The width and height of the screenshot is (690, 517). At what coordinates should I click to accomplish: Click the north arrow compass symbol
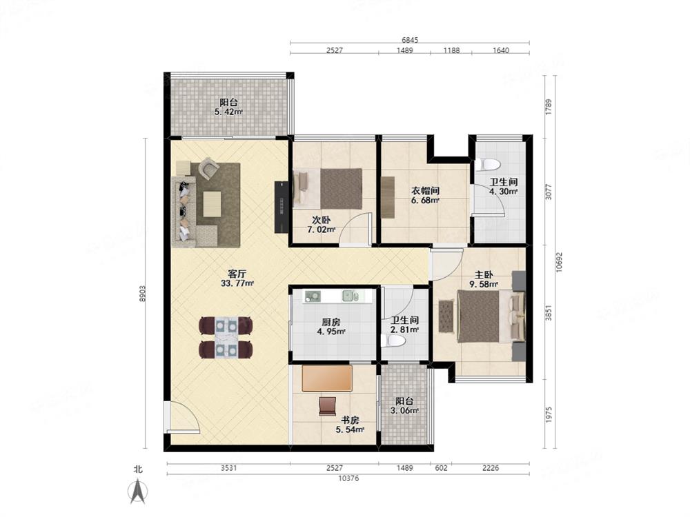point(138,491)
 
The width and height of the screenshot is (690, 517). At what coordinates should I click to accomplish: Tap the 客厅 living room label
point(237,274)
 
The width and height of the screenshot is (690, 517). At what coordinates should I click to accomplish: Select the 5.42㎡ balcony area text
point(229,112)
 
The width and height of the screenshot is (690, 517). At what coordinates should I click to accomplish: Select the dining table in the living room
point(226,338)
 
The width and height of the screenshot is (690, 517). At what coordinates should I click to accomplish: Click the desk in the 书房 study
point(326,378)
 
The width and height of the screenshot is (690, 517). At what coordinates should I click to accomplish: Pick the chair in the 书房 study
point(327,406)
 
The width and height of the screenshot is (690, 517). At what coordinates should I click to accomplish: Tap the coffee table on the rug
point(212,203)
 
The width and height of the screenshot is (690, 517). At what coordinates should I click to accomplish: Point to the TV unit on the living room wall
point(282,207)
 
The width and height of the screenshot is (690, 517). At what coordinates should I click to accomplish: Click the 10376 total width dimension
point(348,478)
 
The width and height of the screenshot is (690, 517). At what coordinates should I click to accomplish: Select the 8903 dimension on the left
point(143,294)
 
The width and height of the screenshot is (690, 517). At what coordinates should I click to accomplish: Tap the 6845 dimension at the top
point(410,39)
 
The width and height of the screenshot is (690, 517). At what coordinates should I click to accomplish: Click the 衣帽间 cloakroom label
point(425,191)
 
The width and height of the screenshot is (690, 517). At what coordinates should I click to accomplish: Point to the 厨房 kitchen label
point(331,322)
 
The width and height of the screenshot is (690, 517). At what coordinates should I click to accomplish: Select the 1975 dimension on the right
point(549,414)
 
